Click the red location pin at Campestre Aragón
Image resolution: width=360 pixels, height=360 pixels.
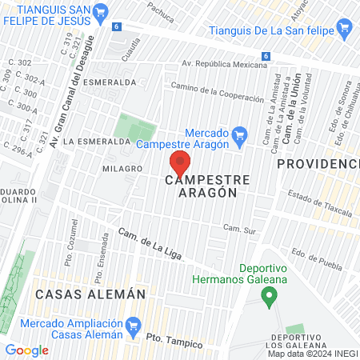pos(180,163)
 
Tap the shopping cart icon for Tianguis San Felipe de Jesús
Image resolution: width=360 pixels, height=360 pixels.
pos(100,12)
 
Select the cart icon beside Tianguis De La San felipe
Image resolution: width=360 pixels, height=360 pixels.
pos(345,30)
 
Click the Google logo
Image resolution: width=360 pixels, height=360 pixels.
pos(26,350)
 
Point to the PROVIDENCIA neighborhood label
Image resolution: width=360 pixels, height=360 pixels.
pos(318,163)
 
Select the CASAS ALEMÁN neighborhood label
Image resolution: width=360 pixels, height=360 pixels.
pos(90,294)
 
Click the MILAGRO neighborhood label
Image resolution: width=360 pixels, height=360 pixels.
pos(122,169)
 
